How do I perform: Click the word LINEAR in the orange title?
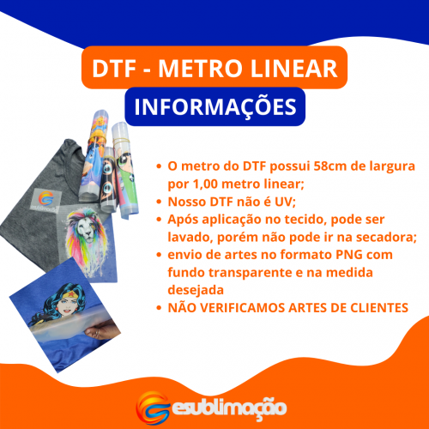(x=294, y=69)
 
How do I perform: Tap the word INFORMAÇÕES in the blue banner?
(x=215, y=107)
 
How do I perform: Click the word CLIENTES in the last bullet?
(x=379, y=308)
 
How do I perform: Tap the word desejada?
(x=196, y=290)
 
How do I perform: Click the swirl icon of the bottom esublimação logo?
(x=153, y=408)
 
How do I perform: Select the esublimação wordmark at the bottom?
(x=229, y=408)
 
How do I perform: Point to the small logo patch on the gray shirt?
(x=45, y=201)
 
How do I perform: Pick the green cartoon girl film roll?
(x=124, y=170)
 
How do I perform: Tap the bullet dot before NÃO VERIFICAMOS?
(x=159, y=308)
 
